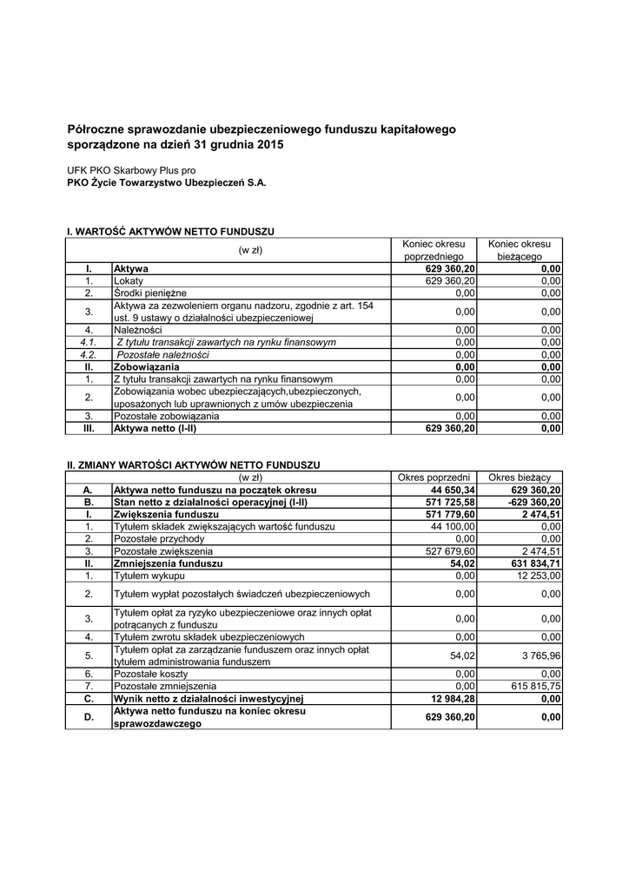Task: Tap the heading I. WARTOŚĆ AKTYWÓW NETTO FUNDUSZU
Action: click(171, 232)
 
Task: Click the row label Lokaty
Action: click(129, 281)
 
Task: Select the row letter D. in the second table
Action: click(88, 717)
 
